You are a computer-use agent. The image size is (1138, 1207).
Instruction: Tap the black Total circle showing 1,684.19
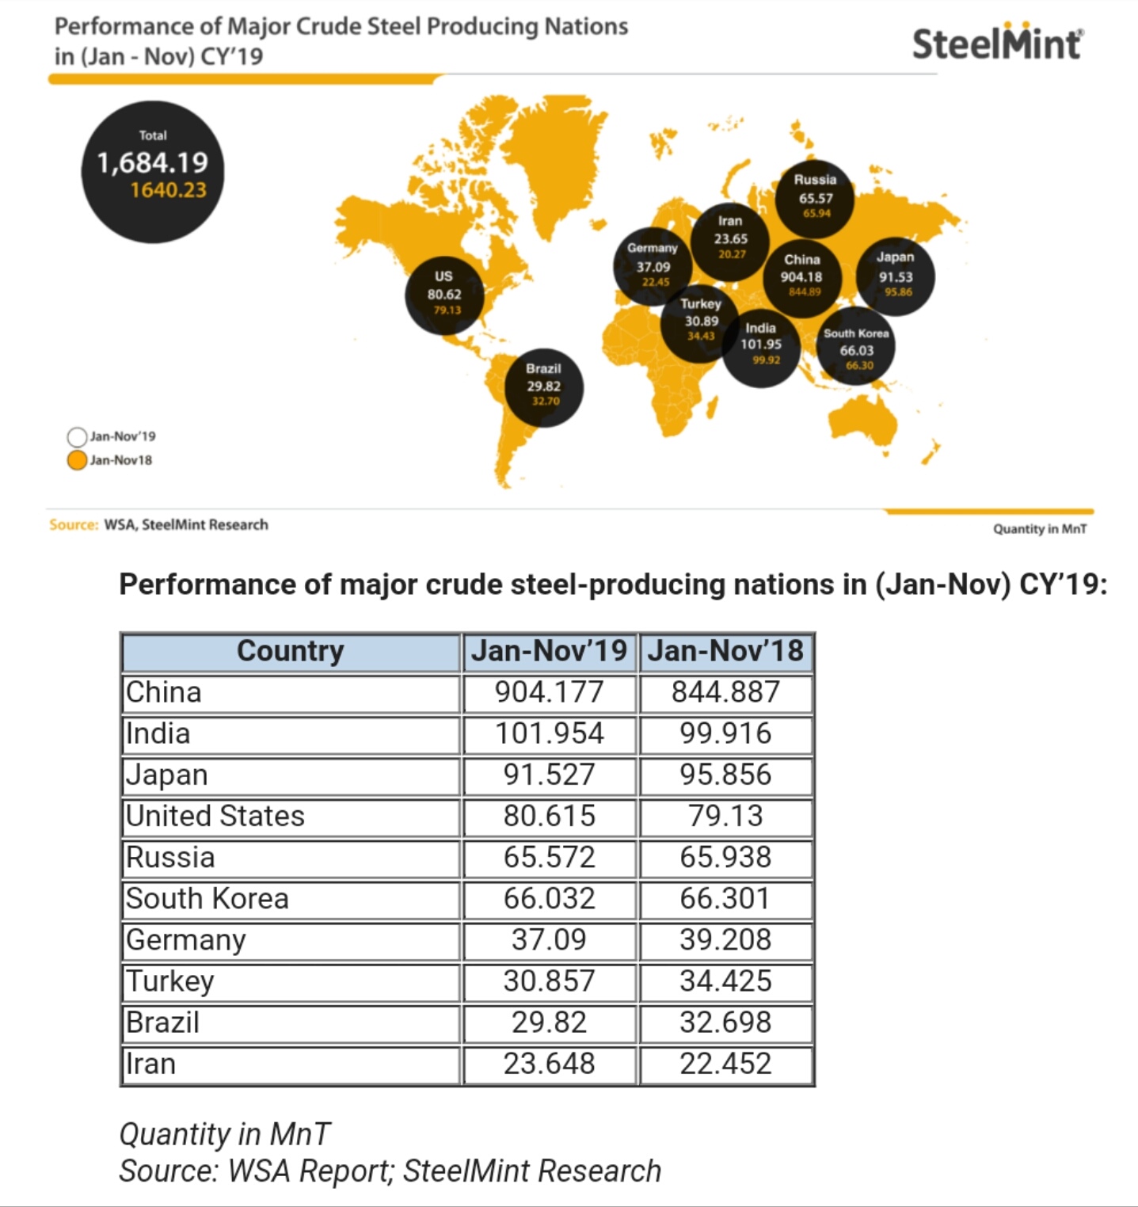click(153, 172)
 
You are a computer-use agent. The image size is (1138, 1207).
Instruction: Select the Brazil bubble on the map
click(544, 387)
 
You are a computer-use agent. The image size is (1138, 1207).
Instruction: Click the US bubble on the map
click(444, 295)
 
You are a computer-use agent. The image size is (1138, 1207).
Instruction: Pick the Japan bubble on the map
click(896, 276)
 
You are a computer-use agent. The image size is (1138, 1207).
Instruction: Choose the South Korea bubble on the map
click(856, 346)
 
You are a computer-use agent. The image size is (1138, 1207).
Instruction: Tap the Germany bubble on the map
click(653, 267)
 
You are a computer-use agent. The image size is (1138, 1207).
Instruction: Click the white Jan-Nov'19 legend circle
click(77, 436)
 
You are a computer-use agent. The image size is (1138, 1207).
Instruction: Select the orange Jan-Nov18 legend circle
click(77, 460)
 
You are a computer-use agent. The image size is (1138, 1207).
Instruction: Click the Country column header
click(291, 652)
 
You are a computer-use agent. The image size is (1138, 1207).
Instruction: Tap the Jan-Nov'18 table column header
click(725, 652)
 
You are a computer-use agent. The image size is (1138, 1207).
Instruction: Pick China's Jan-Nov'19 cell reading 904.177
click(550, 693)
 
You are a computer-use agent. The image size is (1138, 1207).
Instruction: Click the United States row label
click(215, 817)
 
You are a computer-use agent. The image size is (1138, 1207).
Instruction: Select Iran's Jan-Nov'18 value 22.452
click(725, 1064)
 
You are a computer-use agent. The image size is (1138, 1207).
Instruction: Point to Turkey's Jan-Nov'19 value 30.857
click(550, 981)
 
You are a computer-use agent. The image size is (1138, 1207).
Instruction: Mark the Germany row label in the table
click(186, 941)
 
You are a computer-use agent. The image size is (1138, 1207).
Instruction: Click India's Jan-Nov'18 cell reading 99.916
click(725, 734)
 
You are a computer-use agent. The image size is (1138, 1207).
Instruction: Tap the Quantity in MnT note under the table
click(224, 1134)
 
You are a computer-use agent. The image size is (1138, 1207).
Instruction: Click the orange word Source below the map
click(74, 524)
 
